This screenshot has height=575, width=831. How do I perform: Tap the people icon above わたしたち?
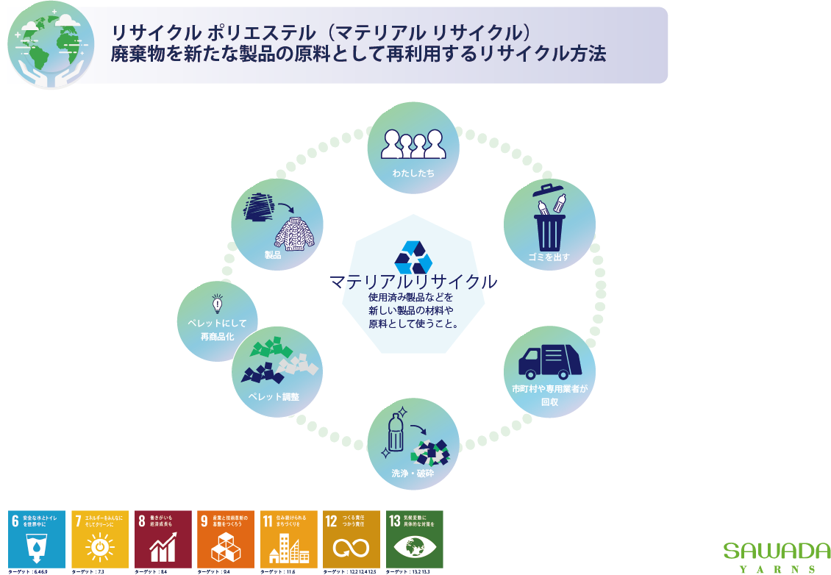[413, 144]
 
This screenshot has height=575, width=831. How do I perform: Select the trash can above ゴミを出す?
[549, 224]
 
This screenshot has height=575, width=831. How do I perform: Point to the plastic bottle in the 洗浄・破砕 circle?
[395, 433]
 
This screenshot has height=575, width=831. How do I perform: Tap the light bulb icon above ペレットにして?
[217, 304]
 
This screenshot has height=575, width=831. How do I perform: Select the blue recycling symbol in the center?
[413, 257]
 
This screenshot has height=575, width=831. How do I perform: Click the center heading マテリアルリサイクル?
[413, 282]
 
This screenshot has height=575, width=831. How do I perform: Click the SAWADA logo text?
[777, 551]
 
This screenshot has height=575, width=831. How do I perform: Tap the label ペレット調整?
[273, 397]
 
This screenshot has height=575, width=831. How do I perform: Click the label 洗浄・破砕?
[413, 474]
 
